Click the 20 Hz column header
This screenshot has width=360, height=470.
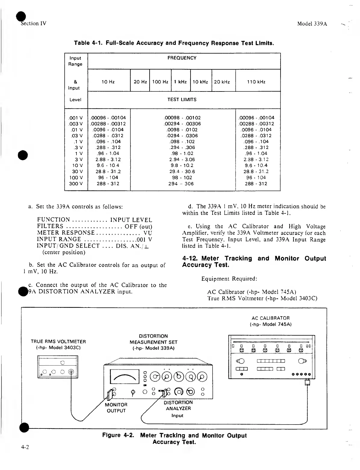140,82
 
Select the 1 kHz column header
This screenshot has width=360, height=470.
181,82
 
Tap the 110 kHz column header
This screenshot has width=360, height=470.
256,82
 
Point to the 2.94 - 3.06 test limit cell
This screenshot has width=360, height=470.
182,159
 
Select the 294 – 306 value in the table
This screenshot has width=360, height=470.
181,184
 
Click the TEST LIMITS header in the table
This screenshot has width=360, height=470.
182,100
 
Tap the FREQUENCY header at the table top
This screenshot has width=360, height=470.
182,58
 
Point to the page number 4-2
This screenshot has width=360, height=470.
25,447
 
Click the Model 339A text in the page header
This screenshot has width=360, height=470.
312,24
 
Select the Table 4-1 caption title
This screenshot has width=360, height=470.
174,43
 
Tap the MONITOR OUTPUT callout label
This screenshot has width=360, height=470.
116,408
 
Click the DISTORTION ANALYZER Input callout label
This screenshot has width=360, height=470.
178,409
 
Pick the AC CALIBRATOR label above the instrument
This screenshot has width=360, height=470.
270,321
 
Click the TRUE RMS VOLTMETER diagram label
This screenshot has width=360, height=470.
58,345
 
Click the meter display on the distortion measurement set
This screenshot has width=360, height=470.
125,376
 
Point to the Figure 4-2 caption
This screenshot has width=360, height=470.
174,438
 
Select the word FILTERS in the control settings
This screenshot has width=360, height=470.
50,226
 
